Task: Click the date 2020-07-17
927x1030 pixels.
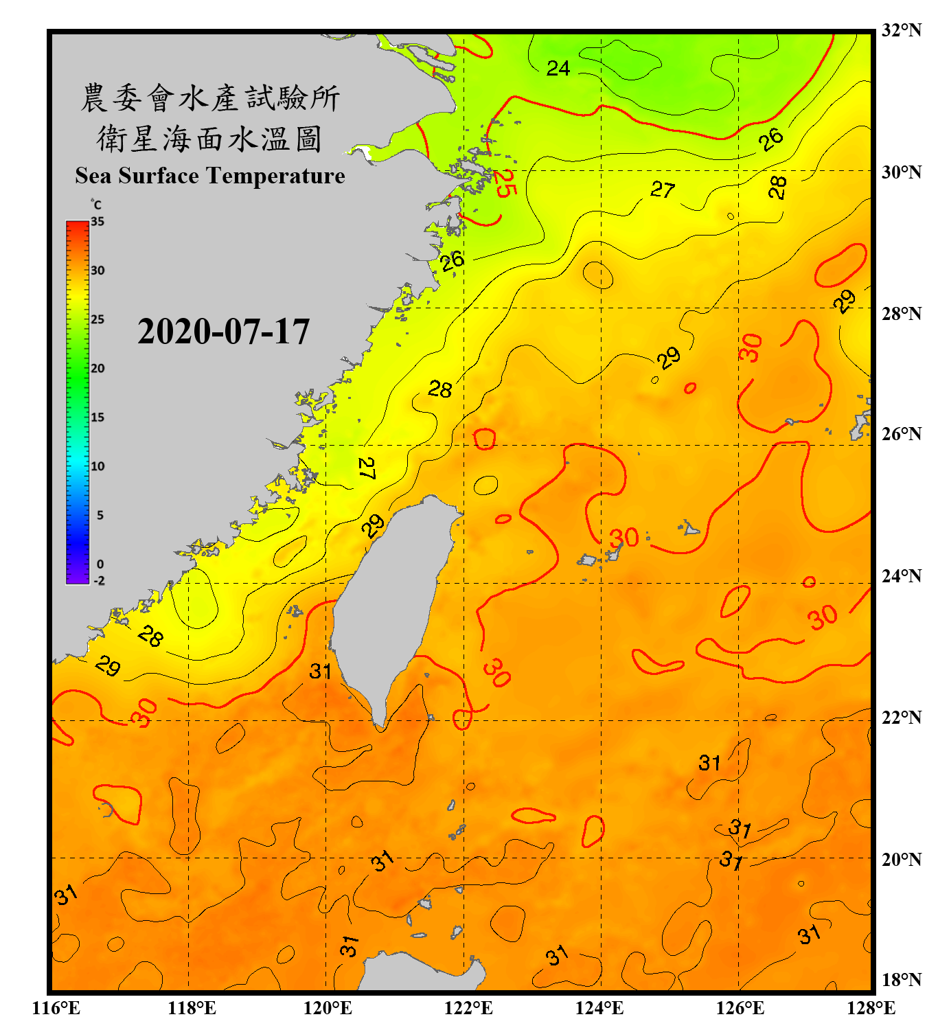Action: click(x=223, y=332)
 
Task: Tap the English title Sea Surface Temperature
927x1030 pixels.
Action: click(x=209, y=176)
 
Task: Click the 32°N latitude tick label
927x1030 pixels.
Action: click(x=901, y=30)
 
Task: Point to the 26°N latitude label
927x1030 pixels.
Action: click(x=901, y=434)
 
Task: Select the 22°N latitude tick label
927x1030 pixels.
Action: click(x=901, y=718)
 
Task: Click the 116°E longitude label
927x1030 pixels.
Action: click(x=56, y=1008)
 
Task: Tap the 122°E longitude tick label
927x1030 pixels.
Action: click(x=468, y=1008)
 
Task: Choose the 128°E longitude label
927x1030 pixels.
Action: click(x=871, y=1008)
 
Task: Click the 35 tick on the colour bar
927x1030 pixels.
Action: click(x=98, y=221)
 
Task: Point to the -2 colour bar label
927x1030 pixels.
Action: click(x=99, y=580)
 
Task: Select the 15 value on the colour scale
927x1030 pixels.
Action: click(x=98, y=417)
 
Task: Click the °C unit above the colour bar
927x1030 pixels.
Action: click(x=96, y=205)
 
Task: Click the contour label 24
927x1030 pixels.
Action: click(x=558, y=68)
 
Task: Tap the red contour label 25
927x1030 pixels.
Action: click(x=505, y=183)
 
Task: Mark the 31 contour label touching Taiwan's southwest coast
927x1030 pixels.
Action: click(x=321, y=671)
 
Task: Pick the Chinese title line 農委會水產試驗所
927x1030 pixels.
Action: click(x=209, y=98)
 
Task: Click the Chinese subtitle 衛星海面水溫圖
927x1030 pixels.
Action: click(x=209, y=139)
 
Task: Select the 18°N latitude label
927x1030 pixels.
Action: click(x=901, y=980)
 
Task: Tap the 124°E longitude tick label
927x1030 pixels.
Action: click(x=599, y=1008)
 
